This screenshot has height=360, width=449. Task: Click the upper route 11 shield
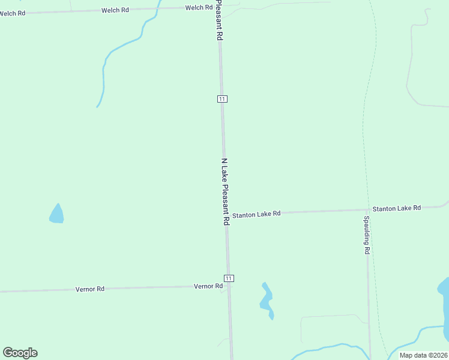pos(222,99)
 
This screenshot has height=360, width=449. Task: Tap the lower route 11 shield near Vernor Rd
pos(229,278)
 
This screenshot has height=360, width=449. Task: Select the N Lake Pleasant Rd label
pos(226,191)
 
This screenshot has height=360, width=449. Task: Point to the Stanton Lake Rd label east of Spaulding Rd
pos(396,208)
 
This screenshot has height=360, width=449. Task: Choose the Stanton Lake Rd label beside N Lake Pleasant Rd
pos(256,214)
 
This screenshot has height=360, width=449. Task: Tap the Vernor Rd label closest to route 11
pos(208,287)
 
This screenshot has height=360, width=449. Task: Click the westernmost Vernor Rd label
pos(90,289)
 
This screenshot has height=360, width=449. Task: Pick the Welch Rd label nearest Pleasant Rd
pos(199,8)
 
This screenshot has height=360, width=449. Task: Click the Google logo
pos(20,353)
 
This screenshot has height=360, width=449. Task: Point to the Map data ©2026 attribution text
pos(424,355)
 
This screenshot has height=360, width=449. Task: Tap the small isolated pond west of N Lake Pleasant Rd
pos(56,214)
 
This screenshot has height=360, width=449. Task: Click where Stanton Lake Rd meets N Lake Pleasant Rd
pos(226,214)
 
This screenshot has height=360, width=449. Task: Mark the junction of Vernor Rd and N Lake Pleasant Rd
pos(229,287)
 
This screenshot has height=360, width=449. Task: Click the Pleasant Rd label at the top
pos(219,20)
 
